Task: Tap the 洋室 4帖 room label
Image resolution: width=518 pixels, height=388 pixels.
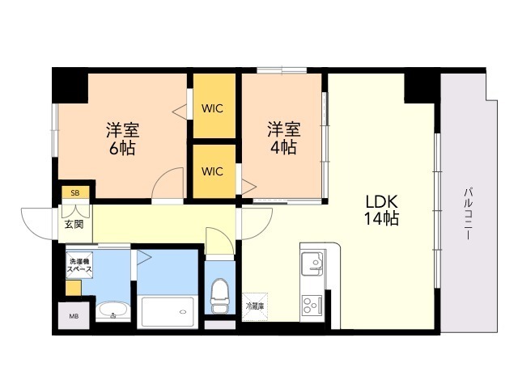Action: click(x=283, y=138)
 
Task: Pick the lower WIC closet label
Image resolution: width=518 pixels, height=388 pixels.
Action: click(x=213, y=171)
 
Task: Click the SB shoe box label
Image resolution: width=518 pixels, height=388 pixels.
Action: click(x=74, y=193)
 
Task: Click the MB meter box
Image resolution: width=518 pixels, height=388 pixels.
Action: click(x=73, y=316)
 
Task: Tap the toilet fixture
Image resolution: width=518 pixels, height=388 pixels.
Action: click(x=219, y=295)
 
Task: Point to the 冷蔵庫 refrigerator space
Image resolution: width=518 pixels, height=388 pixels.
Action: click(x=254, y=306)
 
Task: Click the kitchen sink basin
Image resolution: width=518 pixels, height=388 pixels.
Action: click(x=312, y=264)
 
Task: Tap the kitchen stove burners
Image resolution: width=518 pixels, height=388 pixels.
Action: click(x=312, y=306)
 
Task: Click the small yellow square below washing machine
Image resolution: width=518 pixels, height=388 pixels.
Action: click(x=74, y=286)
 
